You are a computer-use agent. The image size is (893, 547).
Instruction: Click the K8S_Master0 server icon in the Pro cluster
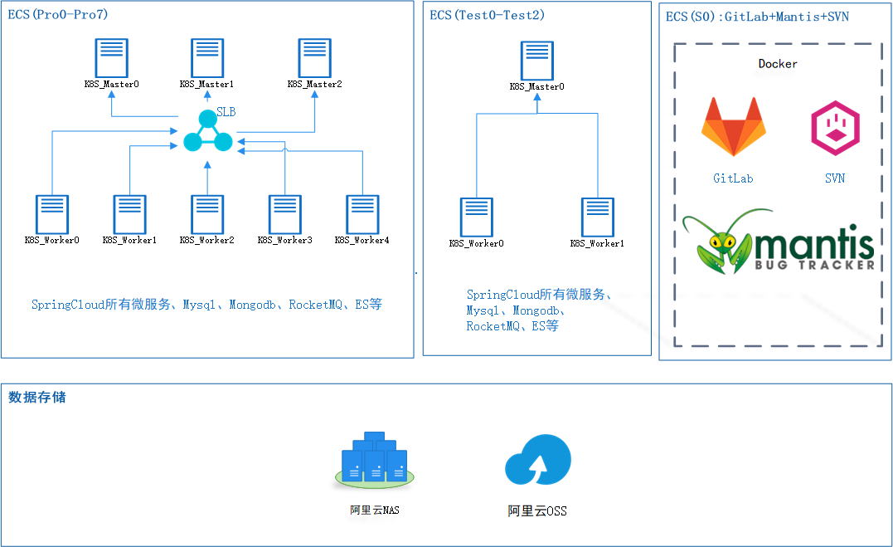point(112,58)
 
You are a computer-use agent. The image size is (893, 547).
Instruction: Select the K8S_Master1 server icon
point(207,58)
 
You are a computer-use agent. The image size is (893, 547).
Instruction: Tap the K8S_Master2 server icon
point(315,58)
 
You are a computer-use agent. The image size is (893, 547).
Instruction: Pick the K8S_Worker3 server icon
point(285,215)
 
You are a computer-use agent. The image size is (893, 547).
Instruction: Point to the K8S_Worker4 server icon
point(362,215)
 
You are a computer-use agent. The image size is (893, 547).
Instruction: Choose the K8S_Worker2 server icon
point(207,215)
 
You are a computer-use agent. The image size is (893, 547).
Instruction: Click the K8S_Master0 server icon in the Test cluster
point(537,60)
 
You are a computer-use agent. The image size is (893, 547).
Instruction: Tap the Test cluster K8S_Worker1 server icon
point(597,217)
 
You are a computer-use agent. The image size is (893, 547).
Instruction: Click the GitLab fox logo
point(734,127)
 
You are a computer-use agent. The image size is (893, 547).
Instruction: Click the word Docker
point(778,64)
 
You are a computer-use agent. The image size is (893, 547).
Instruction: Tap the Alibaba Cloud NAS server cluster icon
point(375,459)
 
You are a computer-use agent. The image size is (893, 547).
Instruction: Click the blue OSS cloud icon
point(537,460)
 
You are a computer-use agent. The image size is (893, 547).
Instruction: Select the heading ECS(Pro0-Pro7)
point(58,15)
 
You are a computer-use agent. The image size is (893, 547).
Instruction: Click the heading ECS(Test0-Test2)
point(488,15)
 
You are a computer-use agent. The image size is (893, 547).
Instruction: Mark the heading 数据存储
point(37,397)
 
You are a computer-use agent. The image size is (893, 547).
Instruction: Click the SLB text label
point(226,111)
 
